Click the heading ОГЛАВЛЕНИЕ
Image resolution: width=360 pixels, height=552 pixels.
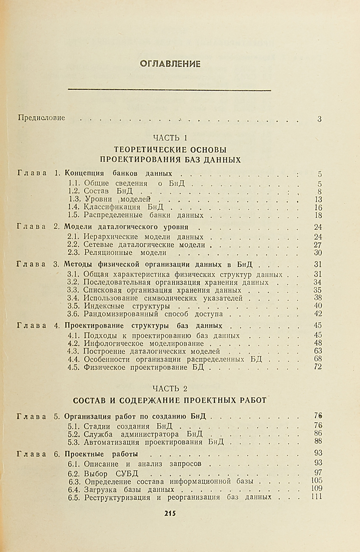click(170, 64)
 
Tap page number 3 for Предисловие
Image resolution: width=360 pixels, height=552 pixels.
click(319, 119)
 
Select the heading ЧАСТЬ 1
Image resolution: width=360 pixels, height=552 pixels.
click(170, 137)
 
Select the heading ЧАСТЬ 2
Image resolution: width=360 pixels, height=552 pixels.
click(170, 389)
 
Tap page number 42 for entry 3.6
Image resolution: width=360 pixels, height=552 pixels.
click(317, 314)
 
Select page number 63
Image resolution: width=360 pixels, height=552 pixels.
click(317, 351)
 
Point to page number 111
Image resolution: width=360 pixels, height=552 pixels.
click(316, 496)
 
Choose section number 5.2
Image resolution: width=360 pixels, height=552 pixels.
click(74, 434)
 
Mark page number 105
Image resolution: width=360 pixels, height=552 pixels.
click(316, 481)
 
